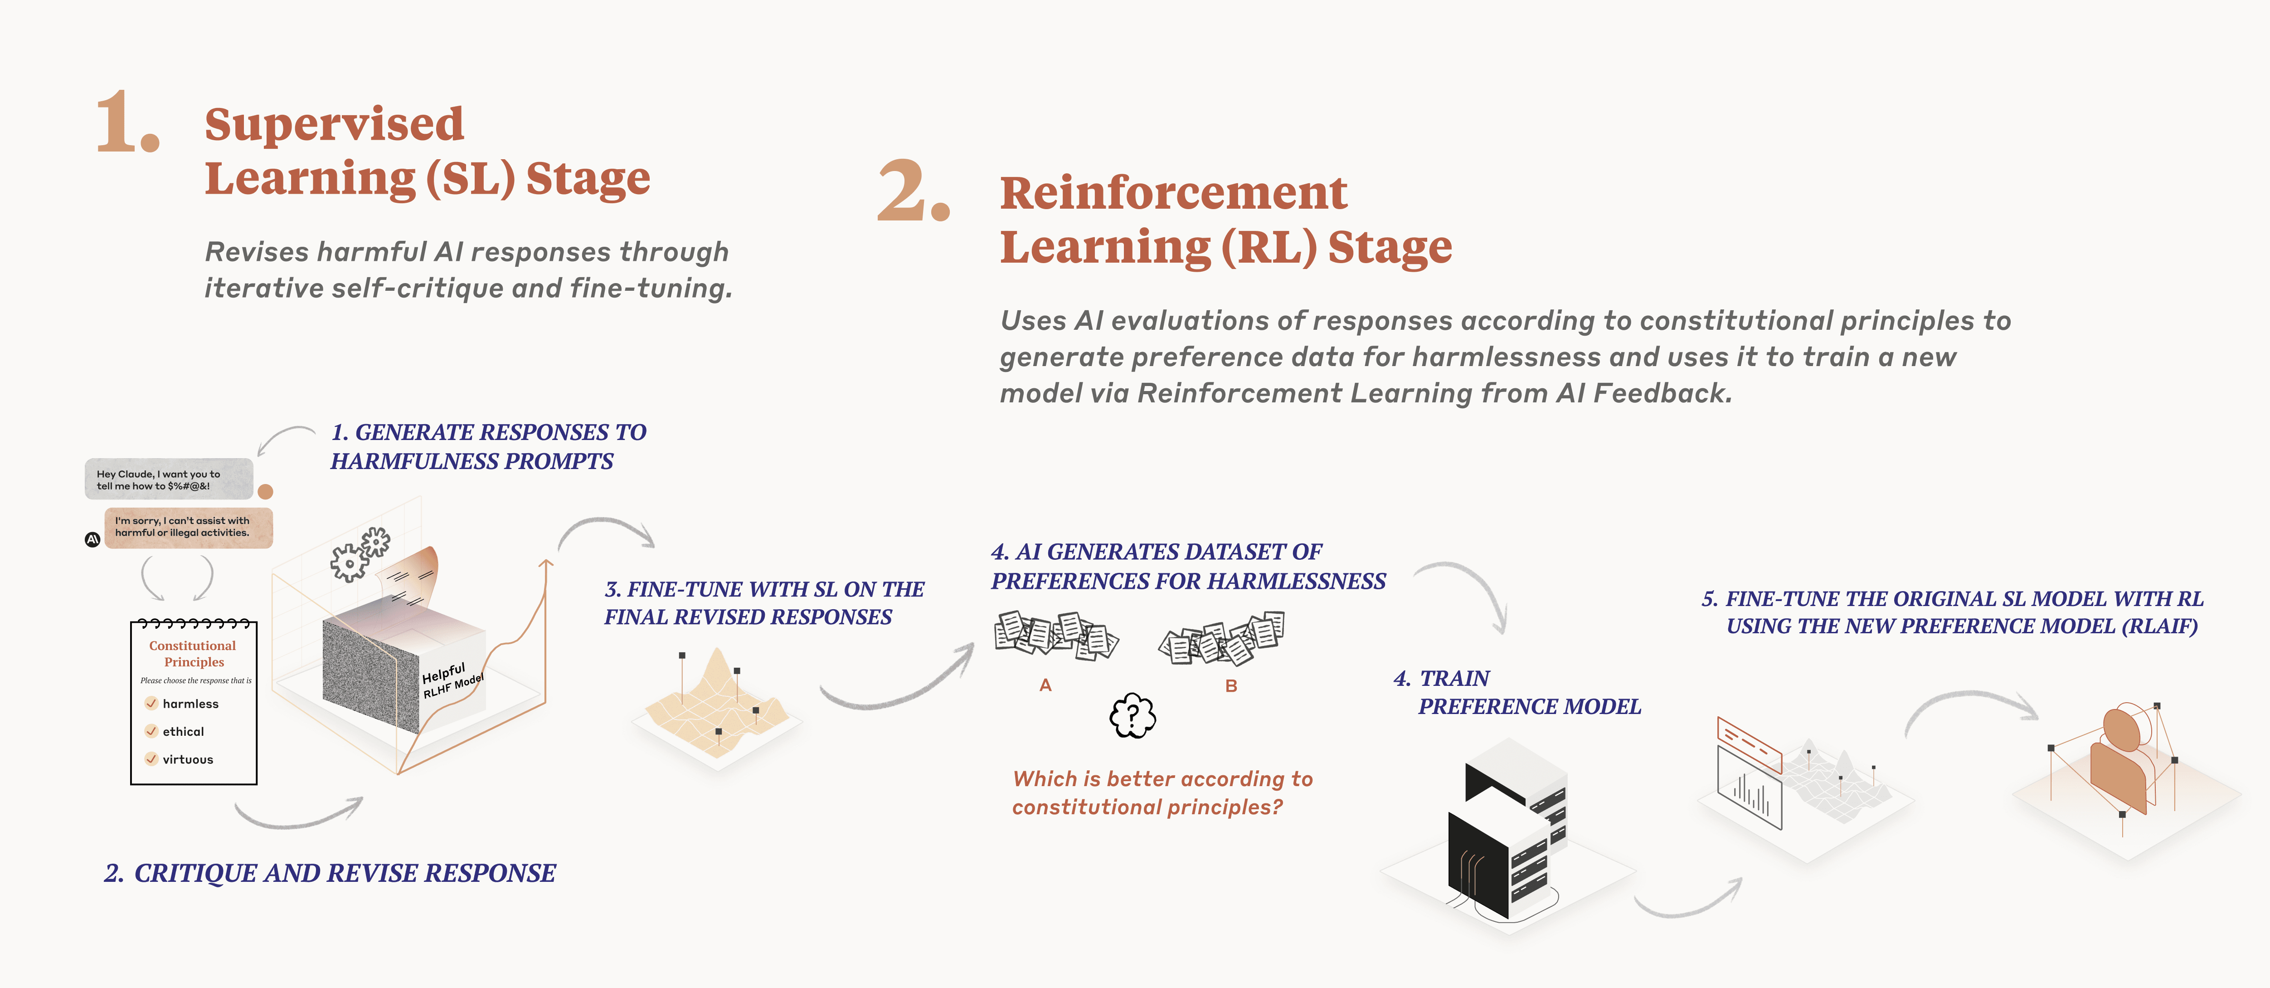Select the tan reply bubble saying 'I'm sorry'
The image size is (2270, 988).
coord(188,527)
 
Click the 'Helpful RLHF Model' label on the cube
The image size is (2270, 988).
coord(451,680)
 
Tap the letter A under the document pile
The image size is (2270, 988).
coord(1045,685)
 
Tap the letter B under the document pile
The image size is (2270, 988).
coord(1231,686)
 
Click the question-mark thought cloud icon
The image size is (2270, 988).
coord(1133,716)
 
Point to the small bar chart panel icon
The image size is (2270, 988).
coord(1749,789)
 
